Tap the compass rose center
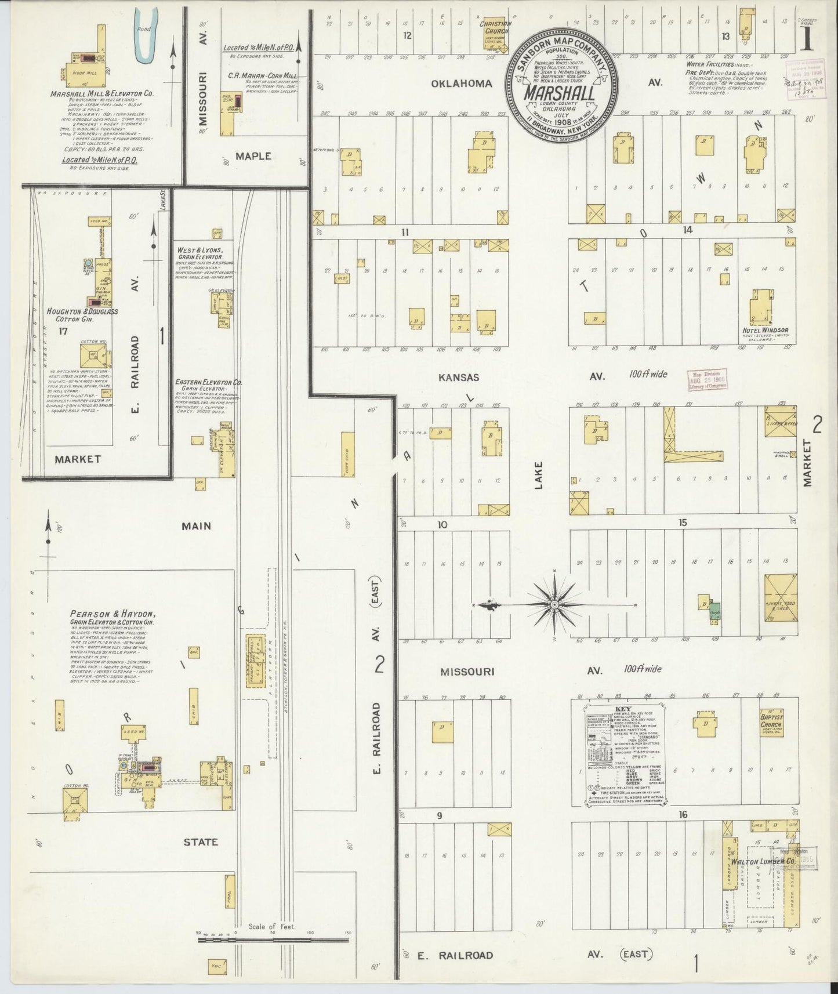555,604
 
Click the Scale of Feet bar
273,938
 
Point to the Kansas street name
458,378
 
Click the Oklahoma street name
461,84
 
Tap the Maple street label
253,156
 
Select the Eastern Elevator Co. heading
209,383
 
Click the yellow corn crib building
348,455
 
